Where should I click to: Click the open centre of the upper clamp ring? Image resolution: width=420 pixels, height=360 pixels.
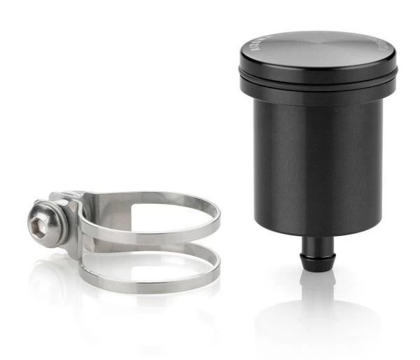147,214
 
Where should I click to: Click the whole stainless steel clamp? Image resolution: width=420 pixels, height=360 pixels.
126,242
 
